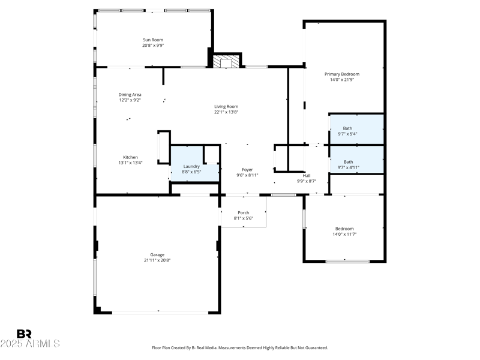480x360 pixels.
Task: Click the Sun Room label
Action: pos(153,40)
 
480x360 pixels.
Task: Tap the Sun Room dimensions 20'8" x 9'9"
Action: pos(153,45)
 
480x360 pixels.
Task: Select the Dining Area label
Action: pos(130,94)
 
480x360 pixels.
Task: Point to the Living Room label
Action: pos(226,106)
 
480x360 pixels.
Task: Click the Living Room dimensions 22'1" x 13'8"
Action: pos(226,112)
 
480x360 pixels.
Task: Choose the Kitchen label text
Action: pos(130,157)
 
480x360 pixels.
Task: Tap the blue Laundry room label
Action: pos(191,166)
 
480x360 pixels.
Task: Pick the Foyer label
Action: pos(247,169)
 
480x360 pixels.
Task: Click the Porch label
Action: pos(243,212)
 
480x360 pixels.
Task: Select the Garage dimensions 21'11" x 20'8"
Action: pos(157,260)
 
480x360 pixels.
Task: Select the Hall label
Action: pos(306,175)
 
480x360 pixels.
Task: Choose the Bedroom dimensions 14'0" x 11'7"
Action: pos(344,234)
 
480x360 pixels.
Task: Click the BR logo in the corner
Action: pos(24,334)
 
